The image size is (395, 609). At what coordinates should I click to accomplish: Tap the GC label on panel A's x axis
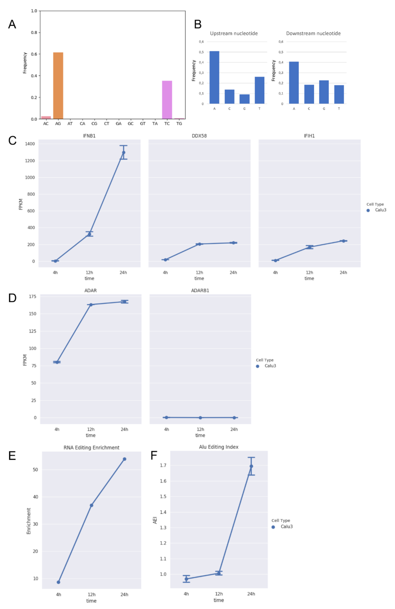(130, 124)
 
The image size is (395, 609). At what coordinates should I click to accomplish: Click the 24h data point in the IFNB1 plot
(124, 152)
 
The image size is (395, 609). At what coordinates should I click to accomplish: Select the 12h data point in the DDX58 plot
(199, 244)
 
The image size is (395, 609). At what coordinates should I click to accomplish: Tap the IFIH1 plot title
(309, 136)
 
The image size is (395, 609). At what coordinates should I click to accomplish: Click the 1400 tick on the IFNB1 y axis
(30, 144)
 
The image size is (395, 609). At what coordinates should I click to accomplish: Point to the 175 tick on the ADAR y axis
(33, 297)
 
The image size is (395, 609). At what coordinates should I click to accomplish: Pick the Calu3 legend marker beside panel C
(368, 210)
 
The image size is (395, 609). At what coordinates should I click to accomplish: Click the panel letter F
(154, 455)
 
